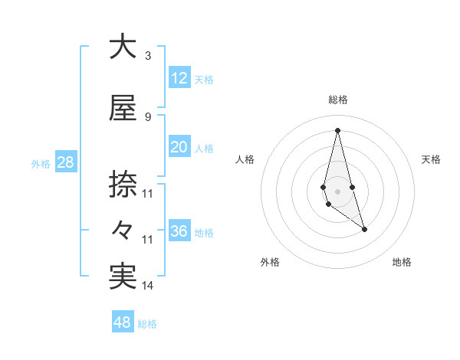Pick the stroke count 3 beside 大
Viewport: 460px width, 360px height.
point(147,56)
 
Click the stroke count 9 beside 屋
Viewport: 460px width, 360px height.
point(147,117)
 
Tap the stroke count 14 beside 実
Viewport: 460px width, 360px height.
point(148,286)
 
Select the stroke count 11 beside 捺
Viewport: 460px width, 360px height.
point(148,194)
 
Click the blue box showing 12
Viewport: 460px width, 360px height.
point(179,78)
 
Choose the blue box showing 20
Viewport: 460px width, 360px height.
point(179,147)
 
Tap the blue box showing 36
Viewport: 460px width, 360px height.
point(179,231)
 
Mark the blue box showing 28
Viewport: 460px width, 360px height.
point(64,162)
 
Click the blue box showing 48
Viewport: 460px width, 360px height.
point(122,322)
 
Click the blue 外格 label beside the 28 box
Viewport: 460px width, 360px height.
point(40,164)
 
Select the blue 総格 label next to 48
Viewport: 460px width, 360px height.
point(147,324)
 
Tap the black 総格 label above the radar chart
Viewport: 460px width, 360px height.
point(337,100)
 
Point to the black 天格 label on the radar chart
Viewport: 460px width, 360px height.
point(432,159)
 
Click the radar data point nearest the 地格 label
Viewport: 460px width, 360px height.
point(364,229)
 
